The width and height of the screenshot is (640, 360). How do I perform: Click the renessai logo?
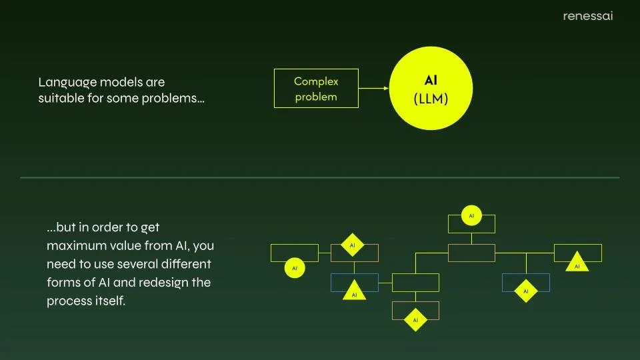(587, 16)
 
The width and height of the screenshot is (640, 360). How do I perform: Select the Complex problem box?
(316, 88)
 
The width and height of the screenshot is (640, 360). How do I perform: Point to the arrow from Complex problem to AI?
(374, 88)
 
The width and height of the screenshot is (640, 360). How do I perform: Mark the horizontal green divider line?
(320, 178)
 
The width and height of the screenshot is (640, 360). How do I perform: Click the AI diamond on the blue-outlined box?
(526, 291)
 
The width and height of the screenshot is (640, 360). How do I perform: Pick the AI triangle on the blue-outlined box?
(354, 292)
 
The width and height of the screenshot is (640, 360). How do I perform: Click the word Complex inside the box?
(316, 81)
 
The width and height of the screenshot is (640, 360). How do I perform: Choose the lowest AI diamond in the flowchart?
(415, 320)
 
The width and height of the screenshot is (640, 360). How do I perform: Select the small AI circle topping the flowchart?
(471, 215)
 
